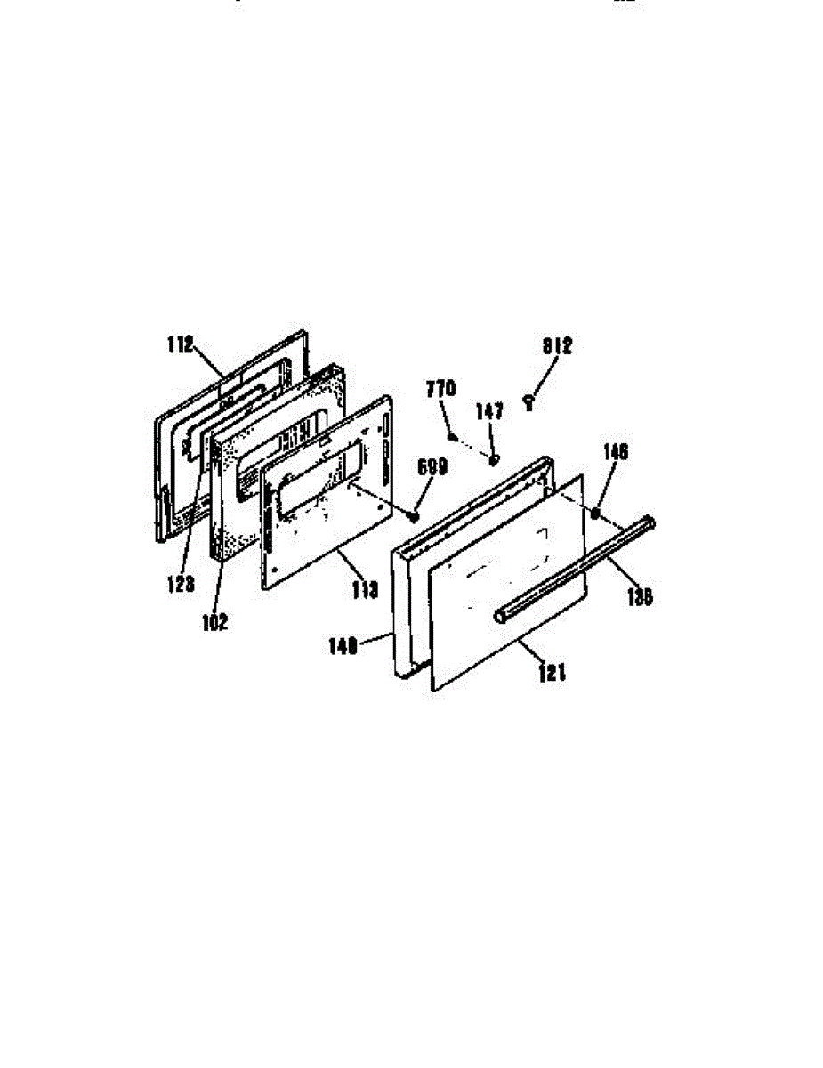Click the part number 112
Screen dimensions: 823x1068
(x=180, y=345)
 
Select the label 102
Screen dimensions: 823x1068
(x=214, y=622)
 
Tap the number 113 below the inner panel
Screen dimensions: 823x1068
(x=366, y=588)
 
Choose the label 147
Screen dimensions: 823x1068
(x=489, y=411)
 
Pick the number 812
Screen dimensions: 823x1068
(x=557, y=345)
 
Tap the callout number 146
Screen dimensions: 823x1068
(x=615, y=453)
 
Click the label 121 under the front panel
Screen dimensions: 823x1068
(x=552, y=674)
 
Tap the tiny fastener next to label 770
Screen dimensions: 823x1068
(x=454, y=436)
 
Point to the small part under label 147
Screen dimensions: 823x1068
(x=495, y=459)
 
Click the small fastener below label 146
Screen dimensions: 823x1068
(x=595, y=514)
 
